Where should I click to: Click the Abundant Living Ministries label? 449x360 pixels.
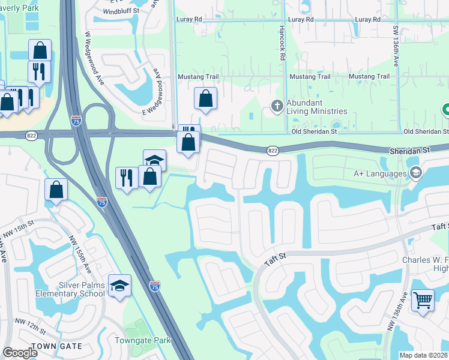pos(316,107)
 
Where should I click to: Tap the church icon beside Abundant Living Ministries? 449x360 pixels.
pos(277,106)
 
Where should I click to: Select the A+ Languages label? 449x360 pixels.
pos(380,174)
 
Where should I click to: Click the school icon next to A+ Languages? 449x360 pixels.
pos(415,174)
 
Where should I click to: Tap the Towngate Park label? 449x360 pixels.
pos(143,341)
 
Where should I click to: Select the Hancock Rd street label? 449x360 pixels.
pos(282,43)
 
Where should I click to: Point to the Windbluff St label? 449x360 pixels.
pos(121,11)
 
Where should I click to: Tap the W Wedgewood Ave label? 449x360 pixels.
pos(96,59)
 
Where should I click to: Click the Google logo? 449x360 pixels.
pos(20,353)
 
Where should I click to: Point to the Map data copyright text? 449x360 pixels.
pos(423,355)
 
